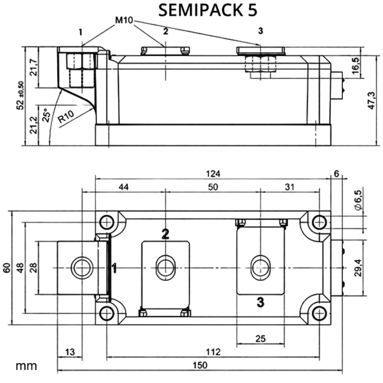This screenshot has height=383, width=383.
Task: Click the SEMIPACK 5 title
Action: coord(208,10)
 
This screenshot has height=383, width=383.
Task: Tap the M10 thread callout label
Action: coord(124,20)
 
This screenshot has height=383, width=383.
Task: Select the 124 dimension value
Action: coord(213,174)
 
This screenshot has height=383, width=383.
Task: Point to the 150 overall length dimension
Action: coord(200,365)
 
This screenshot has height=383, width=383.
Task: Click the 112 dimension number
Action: coord(213,352)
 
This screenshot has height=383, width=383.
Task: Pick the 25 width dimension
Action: coord(261,339)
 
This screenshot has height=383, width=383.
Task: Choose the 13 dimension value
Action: coord(70,352)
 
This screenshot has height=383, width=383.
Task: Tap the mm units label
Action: coord(26,366)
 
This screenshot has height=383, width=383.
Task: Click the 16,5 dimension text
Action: coord(356,66)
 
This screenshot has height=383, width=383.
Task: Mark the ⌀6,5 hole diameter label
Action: coord(358,200)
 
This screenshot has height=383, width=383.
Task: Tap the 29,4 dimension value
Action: coord(358,268)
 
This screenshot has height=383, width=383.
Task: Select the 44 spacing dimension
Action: coord(124,187)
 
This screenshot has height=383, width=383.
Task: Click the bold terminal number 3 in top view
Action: coord(260,302)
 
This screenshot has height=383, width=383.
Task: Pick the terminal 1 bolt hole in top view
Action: coord(82,268)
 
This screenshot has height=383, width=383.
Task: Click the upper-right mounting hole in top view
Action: coord(319,222)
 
